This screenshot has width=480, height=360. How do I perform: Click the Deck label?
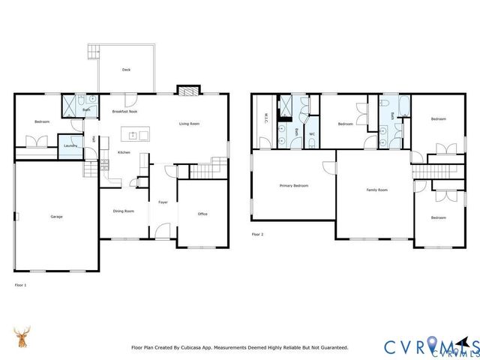click(127, 70)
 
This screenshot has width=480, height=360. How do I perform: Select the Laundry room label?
click(70, 145)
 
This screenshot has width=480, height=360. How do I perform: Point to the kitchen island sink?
click(133, 136)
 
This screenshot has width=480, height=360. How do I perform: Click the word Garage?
click(56, 217)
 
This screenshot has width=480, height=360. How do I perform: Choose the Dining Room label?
click(124, 211)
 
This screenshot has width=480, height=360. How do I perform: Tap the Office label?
click(202, 214)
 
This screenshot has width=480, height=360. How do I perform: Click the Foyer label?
click(162, 202)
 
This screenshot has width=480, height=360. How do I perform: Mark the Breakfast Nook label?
click(124, 111)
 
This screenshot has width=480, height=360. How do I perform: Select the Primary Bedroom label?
click(294, 185)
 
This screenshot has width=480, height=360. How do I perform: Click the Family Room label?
click(376, 190)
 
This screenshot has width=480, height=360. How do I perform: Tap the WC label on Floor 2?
click(312, 134)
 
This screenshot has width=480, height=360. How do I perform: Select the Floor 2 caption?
click(258, 234)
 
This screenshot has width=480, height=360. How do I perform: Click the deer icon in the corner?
click(23, 337)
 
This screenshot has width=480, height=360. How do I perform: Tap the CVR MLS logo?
click(430, 346)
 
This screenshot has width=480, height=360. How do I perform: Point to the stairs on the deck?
click(94, 52)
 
